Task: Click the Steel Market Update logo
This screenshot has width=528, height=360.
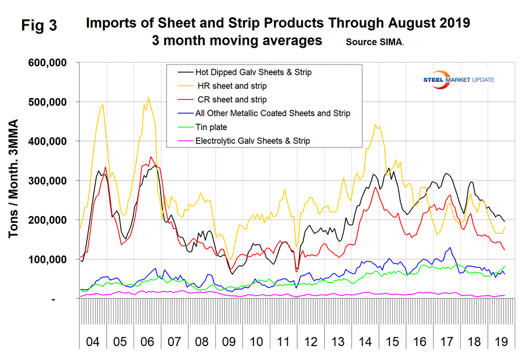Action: coord(458,78)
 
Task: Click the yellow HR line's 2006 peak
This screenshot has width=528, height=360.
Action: coord(148,98)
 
